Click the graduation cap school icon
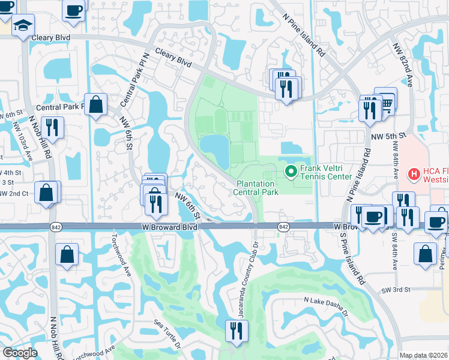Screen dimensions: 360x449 click(x=23, y=25)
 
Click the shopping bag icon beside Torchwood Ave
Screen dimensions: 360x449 click(x=67, y=253)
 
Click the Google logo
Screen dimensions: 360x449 click(x=20, y=353)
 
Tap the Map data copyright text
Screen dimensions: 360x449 click(x=424, y=355)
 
